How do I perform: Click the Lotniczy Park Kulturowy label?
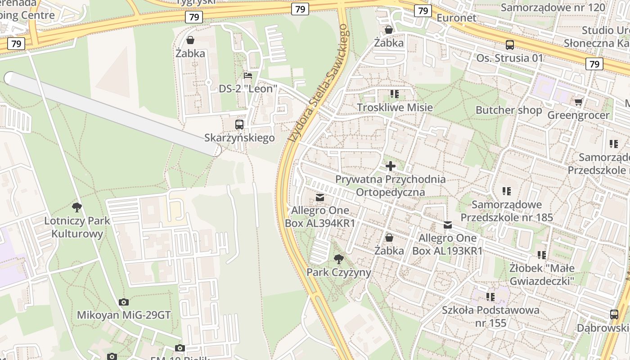coord(77,227)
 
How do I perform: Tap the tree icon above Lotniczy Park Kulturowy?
coord(77,207)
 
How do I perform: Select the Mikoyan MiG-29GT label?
coord(124,315)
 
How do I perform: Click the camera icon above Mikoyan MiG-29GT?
coord(124,302)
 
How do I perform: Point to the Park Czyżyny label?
coord(339,272)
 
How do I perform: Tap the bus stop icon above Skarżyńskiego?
coord(239,125)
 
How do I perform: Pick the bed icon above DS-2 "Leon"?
coord(247,75)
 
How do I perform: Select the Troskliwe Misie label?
coord(395,107)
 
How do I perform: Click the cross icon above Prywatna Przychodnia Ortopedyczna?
coord(390,166)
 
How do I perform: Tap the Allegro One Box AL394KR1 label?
coord(320,216)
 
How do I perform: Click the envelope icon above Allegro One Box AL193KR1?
coord(448,225)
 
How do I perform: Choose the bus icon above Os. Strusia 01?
coord(510,45)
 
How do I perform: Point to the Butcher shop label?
coord(509,110)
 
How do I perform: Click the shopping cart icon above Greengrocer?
coord(578,102)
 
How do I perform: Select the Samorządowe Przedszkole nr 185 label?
coord(507,211)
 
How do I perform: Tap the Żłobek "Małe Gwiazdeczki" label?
coord(542,274)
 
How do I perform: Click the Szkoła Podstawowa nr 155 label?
coord(490,316)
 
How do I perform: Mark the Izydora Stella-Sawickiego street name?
coord(319,83)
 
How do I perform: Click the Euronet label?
coord(456,18)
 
